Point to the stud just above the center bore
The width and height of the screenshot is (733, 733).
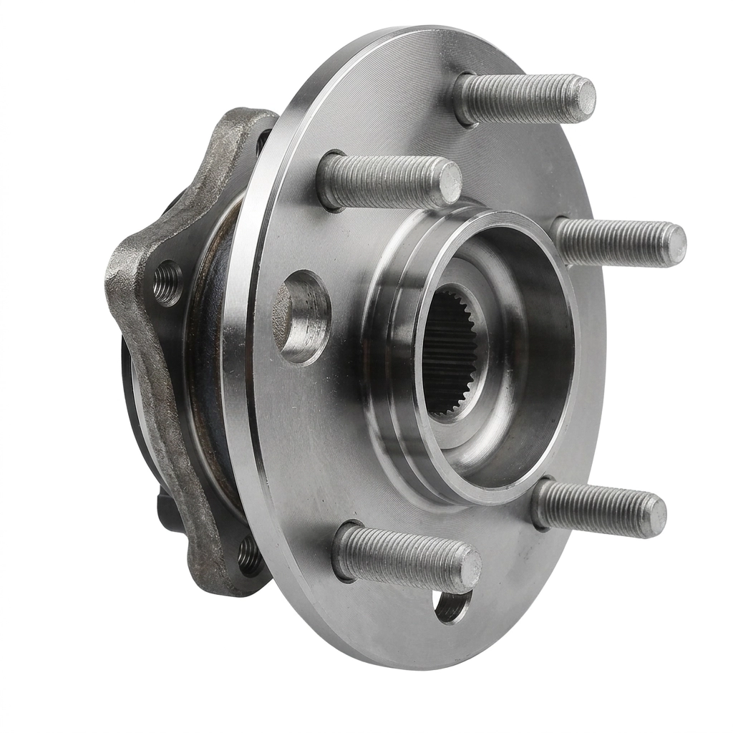pos(387,180)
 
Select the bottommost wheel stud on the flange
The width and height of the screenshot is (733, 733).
pos(404,557)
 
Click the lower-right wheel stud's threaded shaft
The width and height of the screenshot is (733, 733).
pos(594,507)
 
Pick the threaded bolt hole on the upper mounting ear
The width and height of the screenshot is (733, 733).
pos(168,283)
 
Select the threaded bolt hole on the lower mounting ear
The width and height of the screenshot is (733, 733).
pos(249,555)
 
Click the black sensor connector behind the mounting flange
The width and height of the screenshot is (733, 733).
pos(166,510)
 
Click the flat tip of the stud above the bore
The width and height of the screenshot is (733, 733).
pos(450,183)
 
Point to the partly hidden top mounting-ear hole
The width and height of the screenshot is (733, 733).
pos(263,140)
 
